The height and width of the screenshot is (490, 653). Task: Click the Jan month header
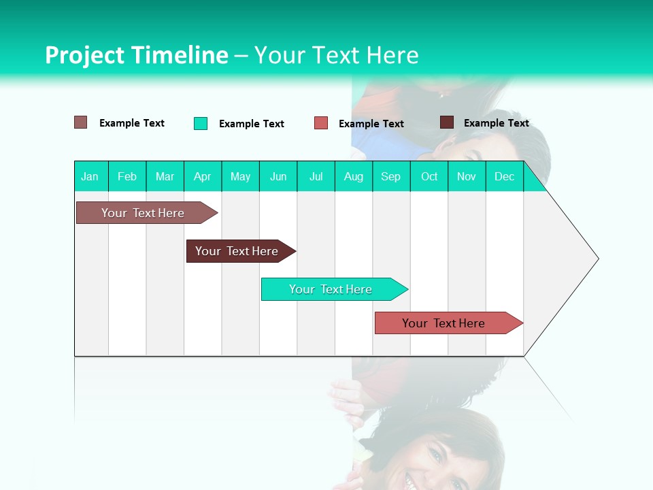click(x=90, y=176)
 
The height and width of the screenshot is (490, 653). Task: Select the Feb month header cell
click(x=127, y=176)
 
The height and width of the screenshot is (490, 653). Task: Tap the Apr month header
click(x=203, y=176)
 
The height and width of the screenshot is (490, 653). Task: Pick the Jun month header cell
click(x=278, y=176)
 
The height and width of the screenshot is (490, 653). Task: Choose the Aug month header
click(x=354, y=176)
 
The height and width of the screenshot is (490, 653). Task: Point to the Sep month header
click(x=391, y=176)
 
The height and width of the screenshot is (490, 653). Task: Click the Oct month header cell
click(x=429, y=176)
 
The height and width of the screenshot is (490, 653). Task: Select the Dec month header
click(x=505, y=176)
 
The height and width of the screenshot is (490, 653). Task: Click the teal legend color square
click(x=201, y=123)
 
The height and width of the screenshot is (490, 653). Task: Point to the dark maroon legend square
click(x=447, y=122)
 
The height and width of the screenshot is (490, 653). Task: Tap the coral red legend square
click(x=321, y=123)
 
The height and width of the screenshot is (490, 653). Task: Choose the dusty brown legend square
click(x=81, y=122)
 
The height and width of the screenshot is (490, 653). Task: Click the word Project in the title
click(x=84, y=55)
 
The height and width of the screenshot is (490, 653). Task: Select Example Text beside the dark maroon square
click(x=496, y=122)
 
